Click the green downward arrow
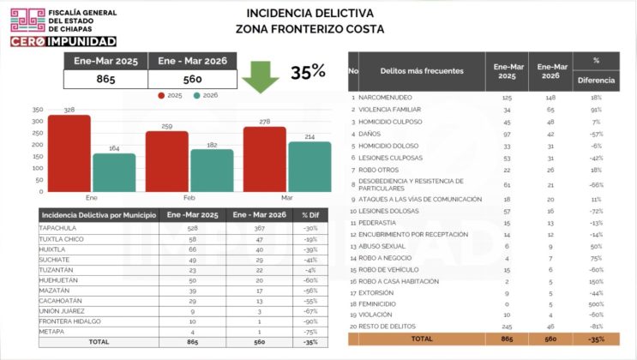260,75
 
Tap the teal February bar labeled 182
212,171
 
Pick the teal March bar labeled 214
309,166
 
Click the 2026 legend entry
205,95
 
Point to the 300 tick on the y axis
37,121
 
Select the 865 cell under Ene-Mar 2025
105,80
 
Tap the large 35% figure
307,73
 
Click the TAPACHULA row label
58,228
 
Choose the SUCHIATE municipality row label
54,259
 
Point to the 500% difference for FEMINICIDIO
596,303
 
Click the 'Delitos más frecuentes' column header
423,71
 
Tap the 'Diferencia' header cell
596,80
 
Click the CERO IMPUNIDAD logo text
63,40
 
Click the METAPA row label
51,331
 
